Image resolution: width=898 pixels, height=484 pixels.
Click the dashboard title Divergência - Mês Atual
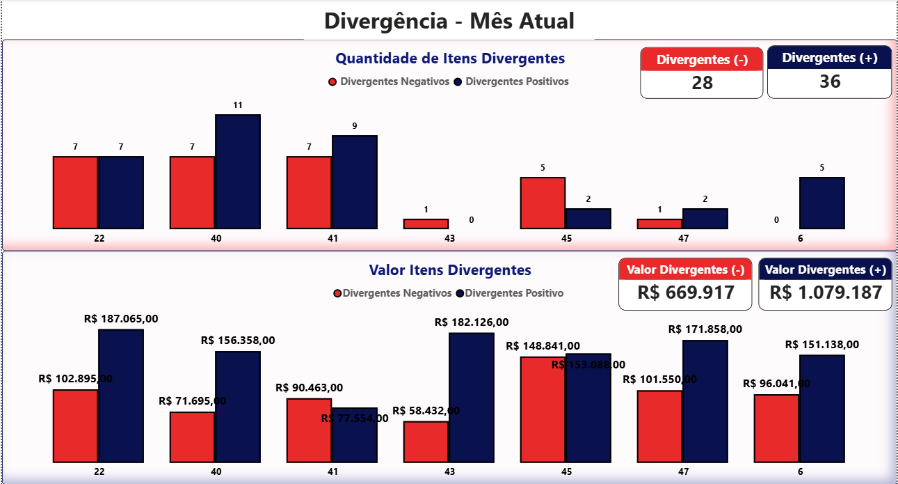coord(449,21)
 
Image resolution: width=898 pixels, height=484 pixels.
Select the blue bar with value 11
coord(237,171)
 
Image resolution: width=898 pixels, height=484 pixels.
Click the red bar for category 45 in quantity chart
coord(543,203)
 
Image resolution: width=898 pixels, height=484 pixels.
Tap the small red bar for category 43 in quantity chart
coord(426,224)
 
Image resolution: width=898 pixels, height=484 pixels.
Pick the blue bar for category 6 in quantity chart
coord(821,203)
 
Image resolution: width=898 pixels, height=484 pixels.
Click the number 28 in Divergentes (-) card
coord(702,83)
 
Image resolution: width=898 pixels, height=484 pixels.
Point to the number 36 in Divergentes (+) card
coord(829,81)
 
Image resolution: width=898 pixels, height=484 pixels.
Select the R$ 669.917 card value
coord(685,292)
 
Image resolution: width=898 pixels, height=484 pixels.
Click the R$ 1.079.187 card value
coord(825,292)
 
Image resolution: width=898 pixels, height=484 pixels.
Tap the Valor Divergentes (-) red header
coord(685,270)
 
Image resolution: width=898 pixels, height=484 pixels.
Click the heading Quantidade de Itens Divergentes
coord(450,58)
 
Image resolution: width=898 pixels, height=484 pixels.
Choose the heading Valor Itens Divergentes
coord(450,270)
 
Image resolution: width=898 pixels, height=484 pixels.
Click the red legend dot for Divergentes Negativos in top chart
coord(332,82)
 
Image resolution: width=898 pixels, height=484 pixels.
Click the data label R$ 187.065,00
coord(121,319)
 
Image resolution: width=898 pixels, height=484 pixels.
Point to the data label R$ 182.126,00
coord(472,322)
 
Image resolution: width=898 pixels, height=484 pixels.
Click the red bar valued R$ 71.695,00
coord(192,437)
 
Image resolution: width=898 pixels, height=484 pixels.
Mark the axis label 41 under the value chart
coord(333,471)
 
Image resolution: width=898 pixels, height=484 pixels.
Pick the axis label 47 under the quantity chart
coord(683,238)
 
